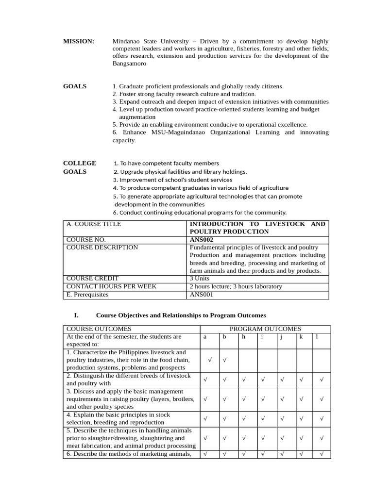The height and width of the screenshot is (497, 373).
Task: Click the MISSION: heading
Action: [x=78, y=41]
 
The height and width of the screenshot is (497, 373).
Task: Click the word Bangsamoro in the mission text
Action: [x=129, y=64]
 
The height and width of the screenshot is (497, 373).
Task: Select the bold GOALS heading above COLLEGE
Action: [x=75, y=86]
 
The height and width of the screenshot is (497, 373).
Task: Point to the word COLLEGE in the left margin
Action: [x=79, y=163]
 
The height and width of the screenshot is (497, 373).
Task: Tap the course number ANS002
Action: [x=201, y=240]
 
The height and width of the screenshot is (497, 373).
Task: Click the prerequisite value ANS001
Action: [x=201, y=294]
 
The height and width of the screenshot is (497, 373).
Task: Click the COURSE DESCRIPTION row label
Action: [x=102, y=248]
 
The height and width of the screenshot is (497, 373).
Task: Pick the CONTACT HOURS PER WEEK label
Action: [x=111, y=286]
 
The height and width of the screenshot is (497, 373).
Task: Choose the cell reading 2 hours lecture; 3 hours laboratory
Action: [x=236, y=286]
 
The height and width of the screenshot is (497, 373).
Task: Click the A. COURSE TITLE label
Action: [x=94, y=224]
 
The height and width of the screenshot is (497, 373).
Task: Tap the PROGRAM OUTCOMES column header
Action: [x=265, y=329]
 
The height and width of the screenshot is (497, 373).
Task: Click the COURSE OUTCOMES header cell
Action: [x=99, y=329]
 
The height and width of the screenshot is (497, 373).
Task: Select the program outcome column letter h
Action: [x=243, y=337]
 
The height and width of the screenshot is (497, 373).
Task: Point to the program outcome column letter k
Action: [x=301, y=337]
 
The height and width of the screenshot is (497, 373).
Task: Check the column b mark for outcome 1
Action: [x=224, y=360]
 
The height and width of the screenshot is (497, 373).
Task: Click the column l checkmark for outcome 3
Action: [x=321, y=399]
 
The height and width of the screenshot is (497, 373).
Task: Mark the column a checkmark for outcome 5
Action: [x=205, y=438]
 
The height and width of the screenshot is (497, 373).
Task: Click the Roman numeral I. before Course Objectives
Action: [x=76, y=315]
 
